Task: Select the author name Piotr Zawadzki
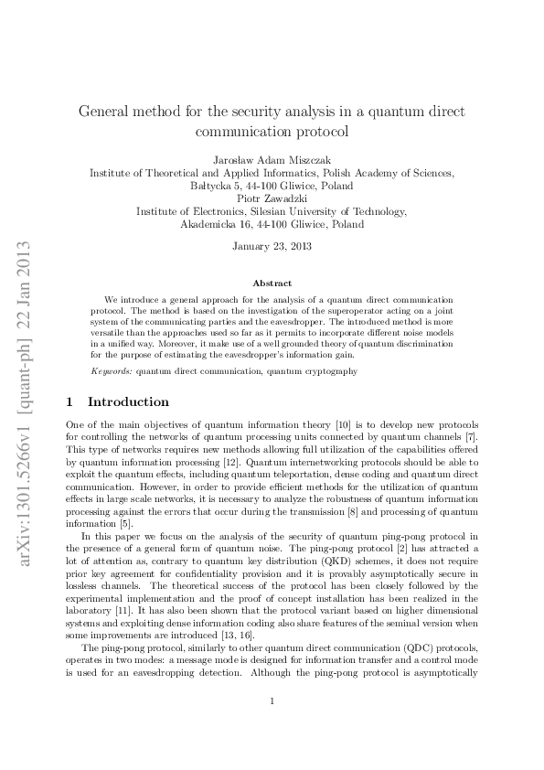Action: coord(272,197)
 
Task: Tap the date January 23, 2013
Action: coord(272,246)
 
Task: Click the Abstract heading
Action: coord(272,283)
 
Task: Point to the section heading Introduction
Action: coord(128,401)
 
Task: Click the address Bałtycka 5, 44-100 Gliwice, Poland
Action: coord(272,184)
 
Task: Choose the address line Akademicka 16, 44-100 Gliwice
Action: coord(272,223)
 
